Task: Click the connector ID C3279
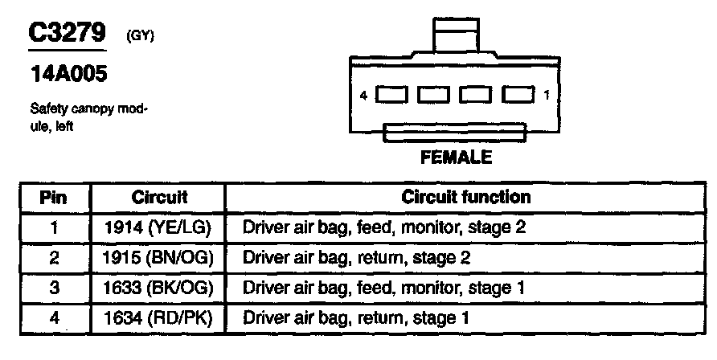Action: [x=68, y=34]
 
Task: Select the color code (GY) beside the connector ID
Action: [x=141, y=36]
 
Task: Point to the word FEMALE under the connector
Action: [x=456, y=157]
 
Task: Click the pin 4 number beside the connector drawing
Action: [x=364, y=96]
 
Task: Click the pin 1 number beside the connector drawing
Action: [x=547, y=96]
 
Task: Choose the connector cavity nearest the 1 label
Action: [x=518, y=96]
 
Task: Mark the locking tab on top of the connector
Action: [x=456, y=36]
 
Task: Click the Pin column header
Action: [x=53, y=197]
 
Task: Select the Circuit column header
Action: [x=159, y=197]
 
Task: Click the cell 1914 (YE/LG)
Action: [x=158, y=227]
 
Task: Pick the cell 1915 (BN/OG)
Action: [x=158, y=258]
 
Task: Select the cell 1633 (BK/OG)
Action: [x=158, y=288]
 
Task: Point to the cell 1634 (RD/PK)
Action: [x=158, y=318]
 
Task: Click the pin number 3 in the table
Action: [x=54, y=288]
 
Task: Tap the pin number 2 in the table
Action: [x=54, y=258]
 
